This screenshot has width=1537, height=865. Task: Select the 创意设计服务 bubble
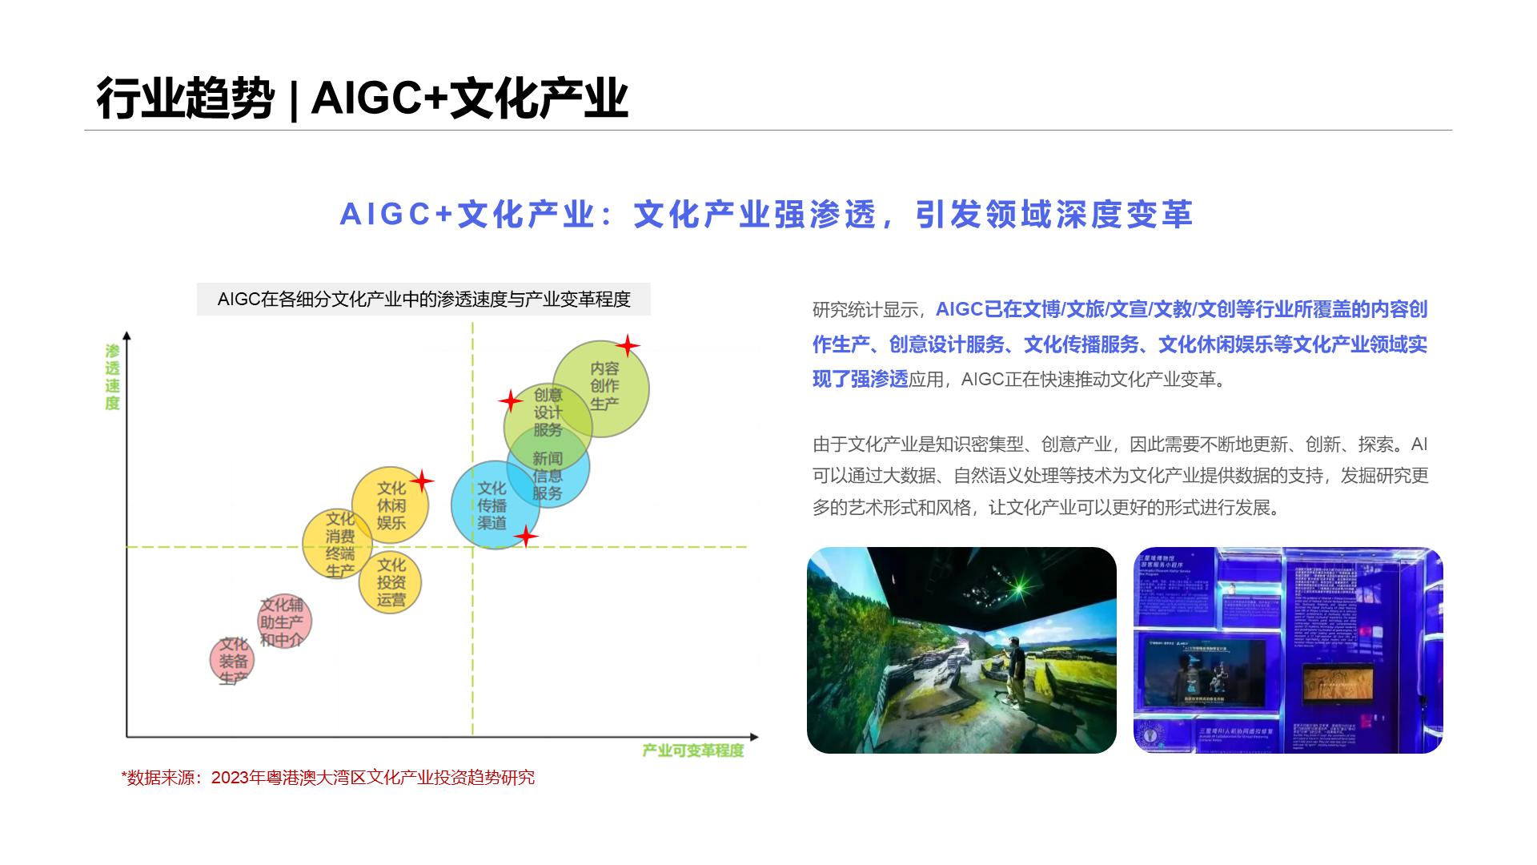(x=548, y=413)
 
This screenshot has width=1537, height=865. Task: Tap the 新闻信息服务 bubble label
(x=548, y=476)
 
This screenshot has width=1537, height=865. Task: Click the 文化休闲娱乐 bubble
(x=391, y=505)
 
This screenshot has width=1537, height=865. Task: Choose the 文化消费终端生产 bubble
(x=339, y=545)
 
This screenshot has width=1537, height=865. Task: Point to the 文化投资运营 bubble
(x=391, y=582)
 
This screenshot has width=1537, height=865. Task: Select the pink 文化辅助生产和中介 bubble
(x=283, y=622)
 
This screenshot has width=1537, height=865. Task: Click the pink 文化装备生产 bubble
(x=232, y=661)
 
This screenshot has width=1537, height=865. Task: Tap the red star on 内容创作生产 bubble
(x=628, y=346)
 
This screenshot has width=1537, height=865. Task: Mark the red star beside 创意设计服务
(x=511, y=400)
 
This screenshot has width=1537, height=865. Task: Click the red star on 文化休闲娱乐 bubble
(x=422, y=481)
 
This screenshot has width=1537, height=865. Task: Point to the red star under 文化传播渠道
(x=526, y=536)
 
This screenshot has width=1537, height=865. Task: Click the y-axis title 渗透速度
(x=112, y=376)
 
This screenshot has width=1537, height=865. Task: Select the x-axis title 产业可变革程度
(x=692, y=750)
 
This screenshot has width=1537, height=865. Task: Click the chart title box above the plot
(x=423, y=300)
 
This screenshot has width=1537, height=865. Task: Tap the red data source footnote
(x=328, y=778)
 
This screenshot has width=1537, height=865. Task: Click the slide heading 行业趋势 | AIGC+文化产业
(x=362, y=99)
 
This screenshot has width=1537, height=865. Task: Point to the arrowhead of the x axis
(x=753, y=737)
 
